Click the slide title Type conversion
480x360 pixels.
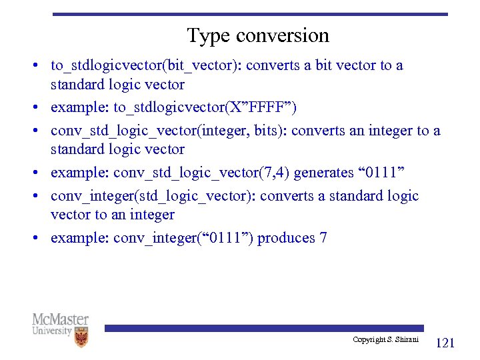[258, 35]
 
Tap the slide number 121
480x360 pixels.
[445, 343]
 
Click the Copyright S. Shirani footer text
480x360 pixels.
[385, 340]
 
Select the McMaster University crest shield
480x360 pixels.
[81, 337]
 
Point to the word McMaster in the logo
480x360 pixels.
[60, 319]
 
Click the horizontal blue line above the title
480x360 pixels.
[250, 14]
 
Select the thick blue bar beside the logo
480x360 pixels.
[263, 328]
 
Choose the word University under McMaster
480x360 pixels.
[52, 331]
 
